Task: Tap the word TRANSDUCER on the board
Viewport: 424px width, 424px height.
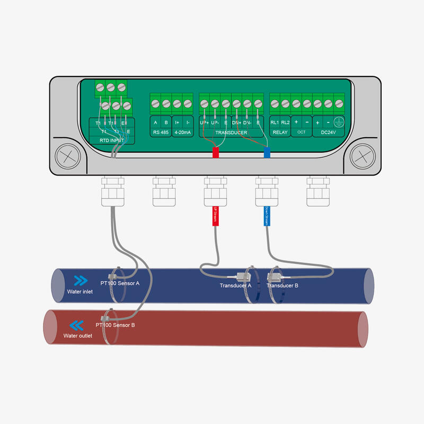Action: tap(232, 132)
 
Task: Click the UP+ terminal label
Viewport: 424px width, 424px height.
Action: tap(205, 122)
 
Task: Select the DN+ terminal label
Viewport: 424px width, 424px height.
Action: tap(237, 122)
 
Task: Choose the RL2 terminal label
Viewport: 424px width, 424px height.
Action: tap(285, 122)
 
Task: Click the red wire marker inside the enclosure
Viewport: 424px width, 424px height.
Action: tap(216, 153)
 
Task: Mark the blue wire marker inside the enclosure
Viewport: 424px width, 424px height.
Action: tap(267, 153)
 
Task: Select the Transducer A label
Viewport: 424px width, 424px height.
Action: tap(235, 286)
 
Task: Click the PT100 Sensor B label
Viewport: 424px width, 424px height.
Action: tap(115, 324)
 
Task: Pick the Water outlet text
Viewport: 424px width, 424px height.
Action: tap(78, 335)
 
